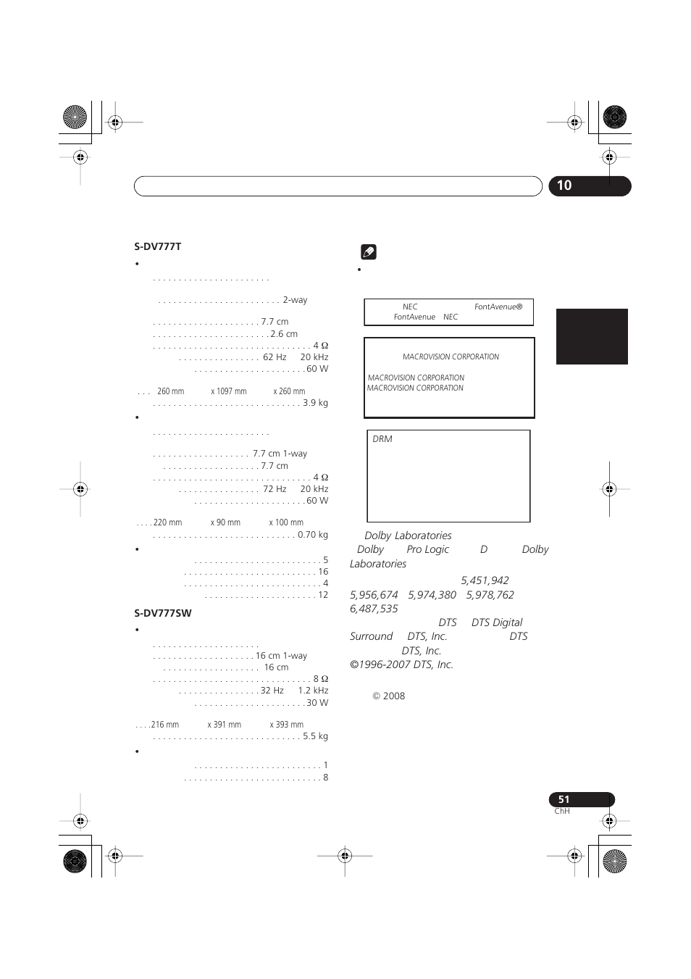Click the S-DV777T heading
157,246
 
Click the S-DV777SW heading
162,613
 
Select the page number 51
564,799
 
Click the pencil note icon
368,252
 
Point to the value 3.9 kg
315,403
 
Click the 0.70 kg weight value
312,535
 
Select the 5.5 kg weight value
315,736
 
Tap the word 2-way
295,300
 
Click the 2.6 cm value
284,334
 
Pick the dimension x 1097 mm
229,391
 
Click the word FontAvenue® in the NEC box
498,307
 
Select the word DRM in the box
382,439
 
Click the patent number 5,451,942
485,580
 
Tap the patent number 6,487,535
374,609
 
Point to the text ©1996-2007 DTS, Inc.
401,665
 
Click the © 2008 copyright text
389,696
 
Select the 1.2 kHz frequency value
313,691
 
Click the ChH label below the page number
561,812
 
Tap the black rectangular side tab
592,336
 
